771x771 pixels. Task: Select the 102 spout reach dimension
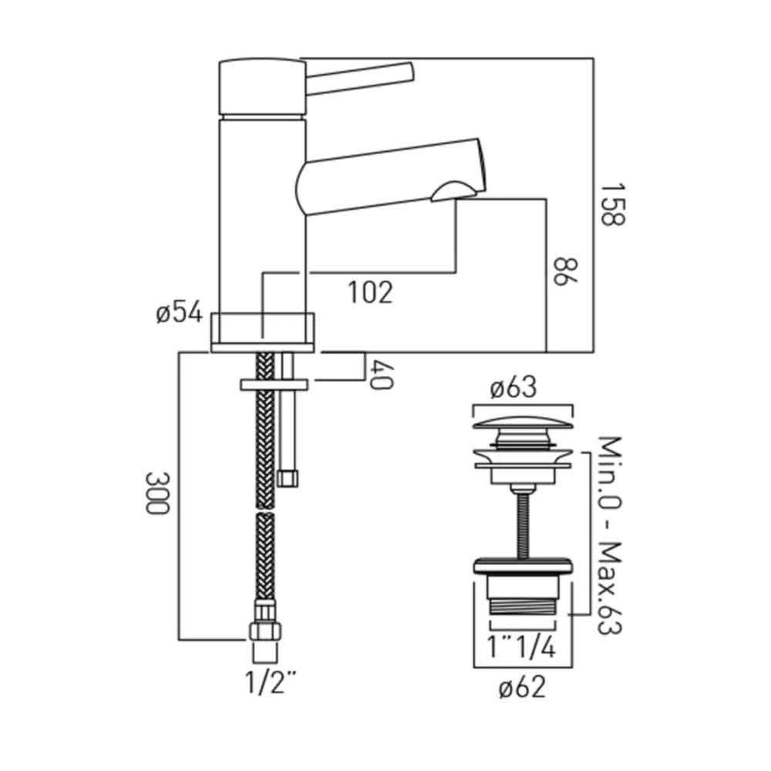(370, 292)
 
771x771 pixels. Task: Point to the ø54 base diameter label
(178, 315)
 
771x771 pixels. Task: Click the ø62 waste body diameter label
(522, 685)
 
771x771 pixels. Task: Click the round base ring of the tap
(262, 332)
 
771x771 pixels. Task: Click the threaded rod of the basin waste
(523, 517)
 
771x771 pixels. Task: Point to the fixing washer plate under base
(274, 383)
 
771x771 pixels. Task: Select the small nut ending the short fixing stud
(288, 478)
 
